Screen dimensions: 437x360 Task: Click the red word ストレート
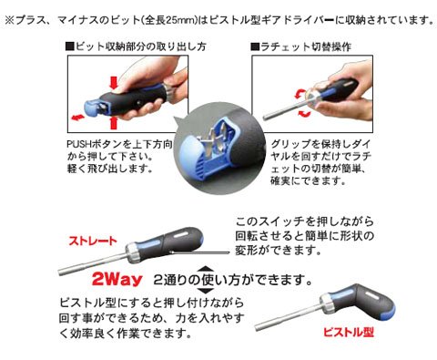point(93,241)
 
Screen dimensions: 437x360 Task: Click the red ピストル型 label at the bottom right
point(349,332)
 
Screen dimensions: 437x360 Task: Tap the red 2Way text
point(117,279)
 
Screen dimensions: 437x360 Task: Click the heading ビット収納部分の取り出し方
point(137,46)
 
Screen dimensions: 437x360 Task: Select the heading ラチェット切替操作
point(301,46)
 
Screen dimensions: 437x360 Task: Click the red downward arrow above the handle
point(114,82)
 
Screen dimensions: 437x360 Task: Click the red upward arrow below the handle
point(114,123)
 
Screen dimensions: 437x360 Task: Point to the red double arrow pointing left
point(77,118)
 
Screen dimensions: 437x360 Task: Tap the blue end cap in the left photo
point(92,108)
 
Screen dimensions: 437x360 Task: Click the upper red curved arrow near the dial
point(300,94)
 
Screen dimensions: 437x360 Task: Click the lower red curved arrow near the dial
point(305,114)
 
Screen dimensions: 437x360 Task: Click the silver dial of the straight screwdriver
point(132,252)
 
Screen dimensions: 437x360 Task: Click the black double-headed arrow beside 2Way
point(206,279)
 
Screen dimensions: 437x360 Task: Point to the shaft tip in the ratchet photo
point(266,118)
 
